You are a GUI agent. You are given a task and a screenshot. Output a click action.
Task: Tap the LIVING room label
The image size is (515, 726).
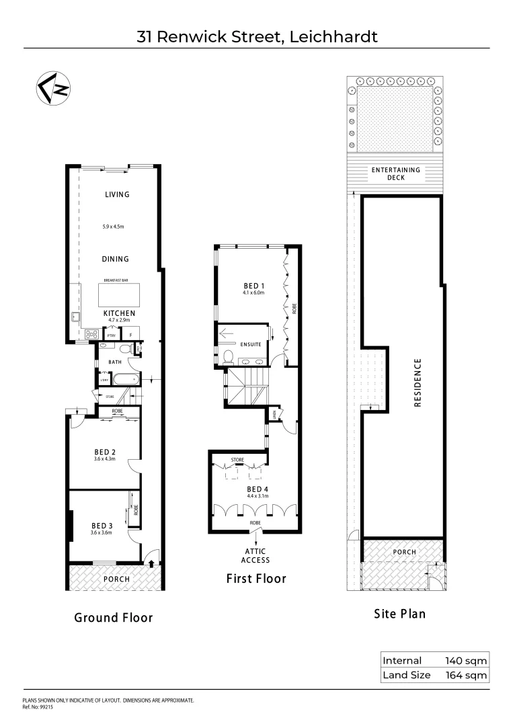pos(117,195)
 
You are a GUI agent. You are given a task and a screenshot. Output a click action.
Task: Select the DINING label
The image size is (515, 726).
pos(116,259)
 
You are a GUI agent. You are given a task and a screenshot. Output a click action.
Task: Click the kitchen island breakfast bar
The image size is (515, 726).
pos(120,295)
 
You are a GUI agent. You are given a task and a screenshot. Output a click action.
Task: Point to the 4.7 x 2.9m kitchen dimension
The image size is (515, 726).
pos(119,321)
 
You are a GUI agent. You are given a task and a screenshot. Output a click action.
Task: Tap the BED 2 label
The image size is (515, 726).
pos(104,451)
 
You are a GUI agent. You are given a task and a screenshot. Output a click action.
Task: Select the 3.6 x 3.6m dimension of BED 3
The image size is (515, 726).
pos(101,532)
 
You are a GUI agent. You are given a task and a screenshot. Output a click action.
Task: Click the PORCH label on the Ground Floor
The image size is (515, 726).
pos(116,578)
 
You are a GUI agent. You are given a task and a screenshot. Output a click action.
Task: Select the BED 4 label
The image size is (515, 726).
pos(257,489)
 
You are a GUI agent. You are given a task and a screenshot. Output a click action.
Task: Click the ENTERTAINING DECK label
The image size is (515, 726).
pos(395,173)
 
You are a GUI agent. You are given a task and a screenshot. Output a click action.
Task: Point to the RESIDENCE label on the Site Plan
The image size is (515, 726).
pos(417,382)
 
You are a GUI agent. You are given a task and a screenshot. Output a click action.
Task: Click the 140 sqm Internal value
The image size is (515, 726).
pos(466,661)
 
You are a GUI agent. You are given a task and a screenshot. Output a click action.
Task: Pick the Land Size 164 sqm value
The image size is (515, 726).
pos(466,676)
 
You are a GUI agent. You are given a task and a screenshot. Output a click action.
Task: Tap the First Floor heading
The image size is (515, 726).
pos(255,578)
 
